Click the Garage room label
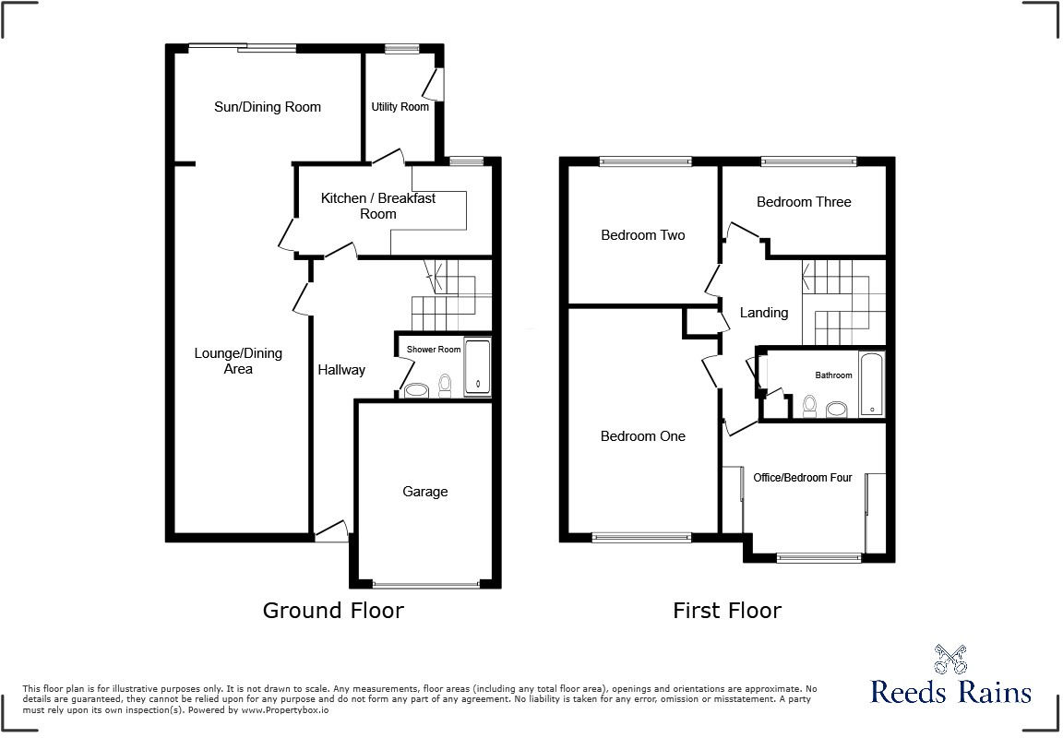(424, 492)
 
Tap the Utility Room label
(400, 107)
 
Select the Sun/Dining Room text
(268, 107)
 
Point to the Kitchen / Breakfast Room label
(378, 206)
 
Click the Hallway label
(341, 370)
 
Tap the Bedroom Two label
(643, 235)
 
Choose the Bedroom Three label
(804, 202)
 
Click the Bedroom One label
(643, 436)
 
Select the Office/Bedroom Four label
(803, 478)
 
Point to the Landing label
(764, 313)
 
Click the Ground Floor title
(333, 610)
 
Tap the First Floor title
(727, 610)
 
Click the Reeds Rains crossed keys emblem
(950, 661)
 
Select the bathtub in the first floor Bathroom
(871, 383)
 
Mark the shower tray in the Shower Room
(477, 367)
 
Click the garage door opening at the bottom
(426, 583)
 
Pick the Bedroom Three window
(808, 162)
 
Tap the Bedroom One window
(641, 536)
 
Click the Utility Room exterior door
(434, 83)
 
